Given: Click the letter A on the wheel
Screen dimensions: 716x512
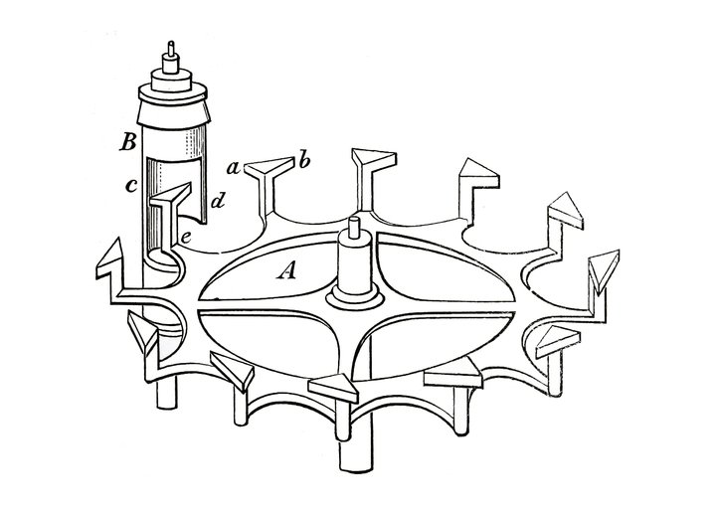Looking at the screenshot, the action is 286,271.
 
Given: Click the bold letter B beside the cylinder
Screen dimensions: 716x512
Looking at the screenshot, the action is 128,143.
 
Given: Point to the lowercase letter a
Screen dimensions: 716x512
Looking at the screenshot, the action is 234,169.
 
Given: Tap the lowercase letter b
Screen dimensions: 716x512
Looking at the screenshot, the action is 304,161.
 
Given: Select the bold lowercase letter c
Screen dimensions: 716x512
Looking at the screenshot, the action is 130,185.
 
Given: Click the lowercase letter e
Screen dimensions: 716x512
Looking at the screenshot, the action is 186,238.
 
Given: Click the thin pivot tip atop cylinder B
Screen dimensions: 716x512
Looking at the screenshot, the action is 171,49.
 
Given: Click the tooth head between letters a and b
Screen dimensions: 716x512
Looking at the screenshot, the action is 270,167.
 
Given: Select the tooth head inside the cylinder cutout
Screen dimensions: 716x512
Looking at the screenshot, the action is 171,195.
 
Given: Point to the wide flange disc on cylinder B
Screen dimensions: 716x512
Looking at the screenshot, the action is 173,93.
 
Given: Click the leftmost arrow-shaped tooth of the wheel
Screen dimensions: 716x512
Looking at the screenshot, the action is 109,261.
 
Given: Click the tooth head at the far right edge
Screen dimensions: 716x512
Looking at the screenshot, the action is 604,270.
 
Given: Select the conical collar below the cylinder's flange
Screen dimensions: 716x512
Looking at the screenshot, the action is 173,114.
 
